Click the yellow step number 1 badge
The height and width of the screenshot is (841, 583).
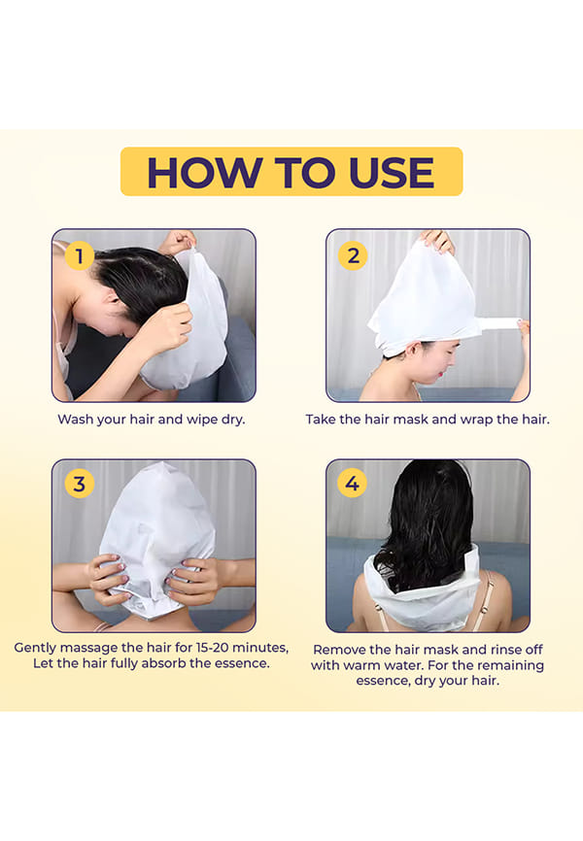coord(80,255)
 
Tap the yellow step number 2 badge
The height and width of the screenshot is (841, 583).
coord(353,255)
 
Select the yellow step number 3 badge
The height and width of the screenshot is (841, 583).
coord(80,484)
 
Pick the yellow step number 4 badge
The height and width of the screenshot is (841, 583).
coord(352,483)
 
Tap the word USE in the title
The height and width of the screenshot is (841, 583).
coord(392,173)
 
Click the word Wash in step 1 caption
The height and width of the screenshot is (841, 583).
coord(74,420)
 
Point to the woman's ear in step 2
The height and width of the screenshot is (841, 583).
coord(412,352)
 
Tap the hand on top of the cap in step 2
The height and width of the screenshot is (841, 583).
coord(438,241)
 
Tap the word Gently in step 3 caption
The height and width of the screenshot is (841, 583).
coord(34,648)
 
